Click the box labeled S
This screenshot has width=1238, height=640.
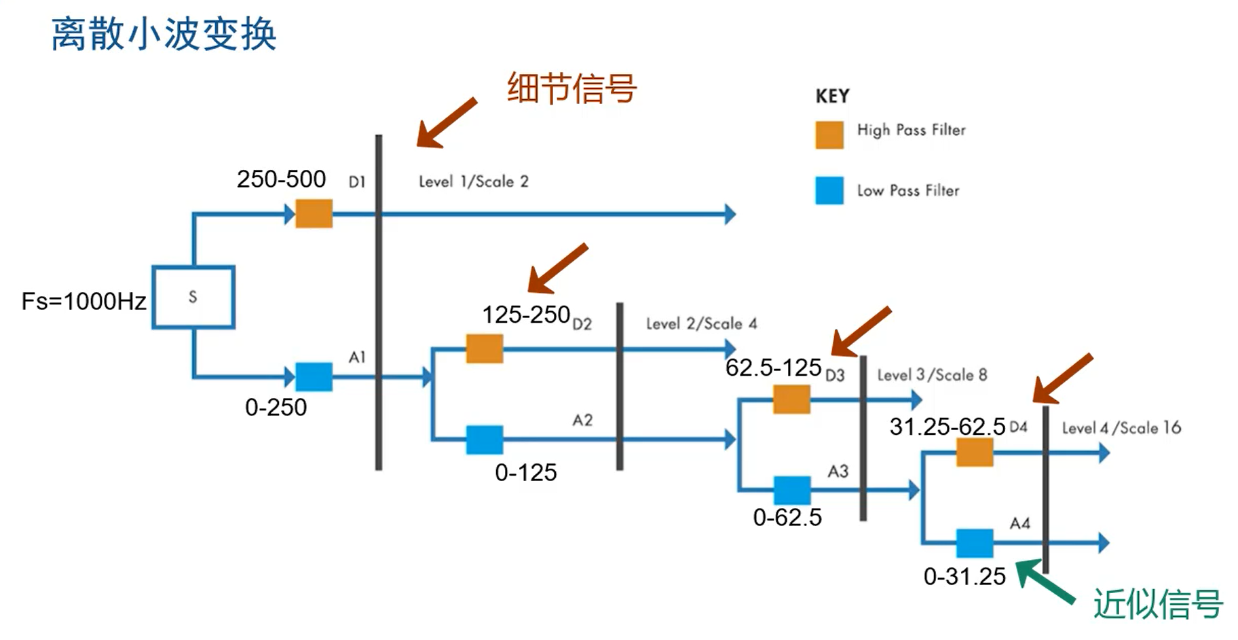(193, 297)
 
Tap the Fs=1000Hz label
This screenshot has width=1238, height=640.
(83, 301)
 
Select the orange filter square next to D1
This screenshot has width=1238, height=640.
(314, 213)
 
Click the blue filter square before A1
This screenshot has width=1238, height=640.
(314, 376)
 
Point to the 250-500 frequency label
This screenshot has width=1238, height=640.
(281, 179)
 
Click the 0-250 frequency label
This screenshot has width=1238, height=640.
(276, 408)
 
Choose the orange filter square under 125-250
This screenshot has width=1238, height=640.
(484, 349)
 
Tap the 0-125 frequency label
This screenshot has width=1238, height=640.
(525, 473)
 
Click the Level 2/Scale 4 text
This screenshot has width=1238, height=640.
(701, 323)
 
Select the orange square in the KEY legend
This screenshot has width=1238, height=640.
(829, 135)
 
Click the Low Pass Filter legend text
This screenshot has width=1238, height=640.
(907, 191)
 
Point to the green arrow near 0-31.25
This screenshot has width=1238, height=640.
(1044, 581)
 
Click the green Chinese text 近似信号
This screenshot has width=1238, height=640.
(1157, 604)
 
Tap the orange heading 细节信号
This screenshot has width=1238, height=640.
(571, 88)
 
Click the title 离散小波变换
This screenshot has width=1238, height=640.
(164, 34)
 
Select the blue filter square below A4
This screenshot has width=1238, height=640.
(974, 543)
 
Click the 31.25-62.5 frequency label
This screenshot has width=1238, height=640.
(947, 427)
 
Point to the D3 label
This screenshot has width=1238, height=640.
(835, 375)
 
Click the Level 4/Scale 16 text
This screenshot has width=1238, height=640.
(1121, 428)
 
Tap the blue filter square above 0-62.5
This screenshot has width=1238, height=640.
(791, 490)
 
